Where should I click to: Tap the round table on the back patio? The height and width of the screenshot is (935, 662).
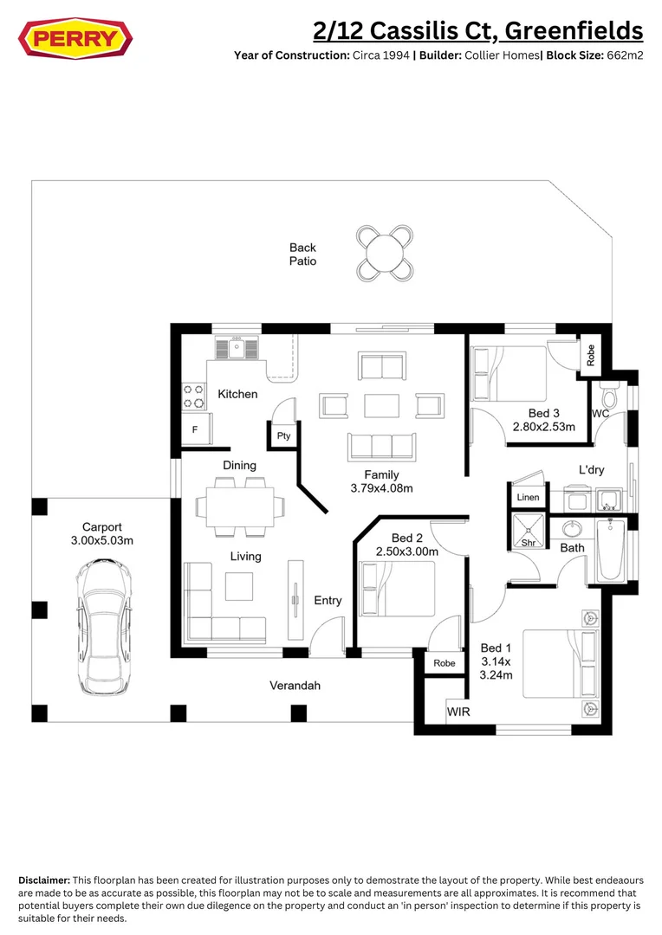click(384, 253)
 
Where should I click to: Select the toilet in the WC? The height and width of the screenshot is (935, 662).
click(609, 397)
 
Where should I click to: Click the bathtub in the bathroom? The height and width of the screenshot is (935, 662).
click(610, 550)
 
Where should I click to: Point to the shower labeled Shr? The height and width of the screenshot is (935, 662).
click(528, 532)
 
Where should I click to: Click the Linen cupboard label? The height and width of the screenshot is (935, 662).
click(528, 498)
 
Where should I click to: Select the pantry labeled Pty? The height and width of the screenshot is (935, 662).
click(283, 436)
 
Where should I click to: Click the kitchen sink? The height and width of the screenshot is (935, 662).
click(236, 348)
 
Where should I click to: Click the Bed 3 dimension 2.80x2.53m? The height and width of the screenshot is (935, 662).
click(545, 427)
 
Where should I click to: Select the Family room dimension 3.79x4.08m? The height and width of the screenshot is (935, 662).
click(381, 488)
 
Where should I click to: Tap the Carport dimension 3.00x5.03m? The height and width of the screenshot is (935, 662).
click(101, 540)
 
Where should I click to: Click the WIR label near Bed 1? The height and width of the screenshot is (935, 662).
click(458, 712)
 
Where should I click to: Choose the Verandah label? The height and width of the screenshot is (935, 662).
click(295, 686)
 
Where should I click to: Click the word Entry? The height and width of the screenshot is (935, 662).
click(328, 600)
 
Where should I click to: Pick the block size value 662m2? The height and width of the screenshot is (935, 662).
click(623, 55)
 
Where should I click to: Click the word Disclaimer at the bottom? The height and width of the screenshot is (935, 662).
click(44, 880)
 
